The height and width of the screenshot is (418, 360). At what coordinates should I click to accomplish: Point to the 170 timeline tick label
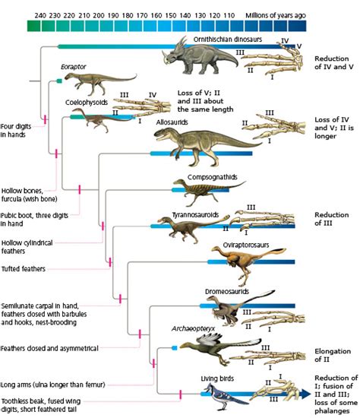(x=141, y=14)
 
